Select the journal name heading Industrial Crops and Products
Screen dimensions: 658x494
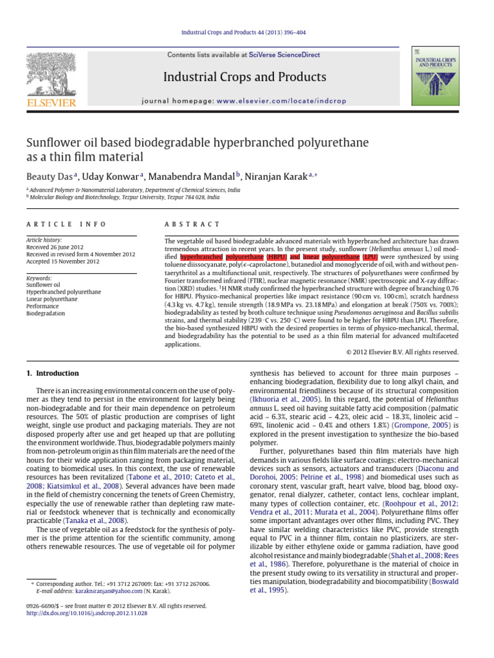point(244,78)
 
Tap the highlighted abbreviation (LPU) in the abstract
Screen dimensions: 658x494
point(367,256)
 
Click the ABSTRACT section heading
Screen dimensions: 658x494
point(192,224)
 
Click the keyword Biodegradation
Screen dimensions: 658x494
point(45,314)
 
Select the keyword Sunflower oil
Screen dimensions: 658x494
point(42,284)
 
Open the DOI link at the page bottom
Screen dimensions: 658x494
point(87,614)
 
